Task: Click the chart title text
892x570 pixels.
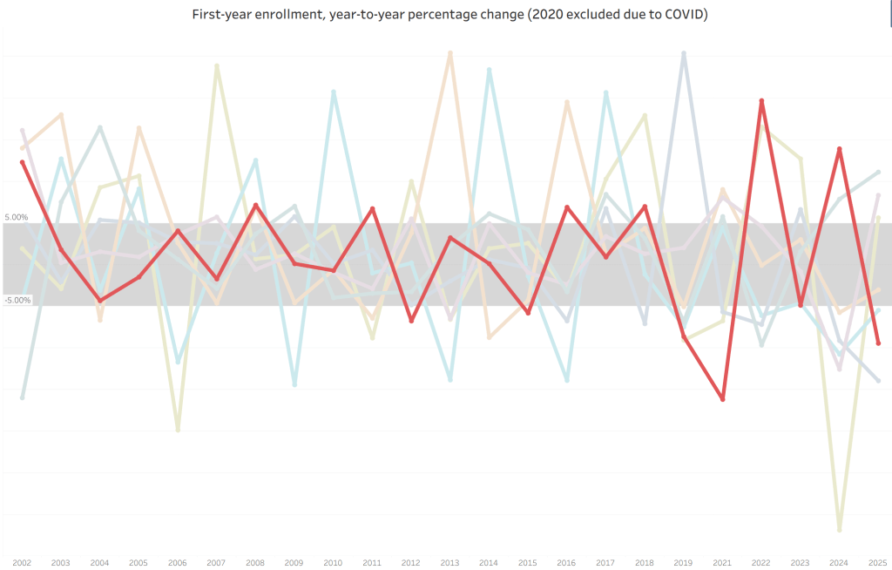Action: click(449, 15)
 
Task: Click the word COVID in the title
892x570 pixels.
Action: click(680, 15)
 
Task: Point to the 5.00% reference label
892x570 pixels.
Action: click(17, 217)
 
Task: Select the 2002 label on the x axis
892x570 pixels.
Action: click(22, 562)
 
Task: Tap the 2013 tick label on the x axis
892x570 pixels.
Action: click(449, 562)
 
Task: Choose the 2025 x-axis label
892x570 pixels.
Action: click(877, 562)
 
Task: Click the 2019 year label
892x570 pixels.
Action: click(684, 562)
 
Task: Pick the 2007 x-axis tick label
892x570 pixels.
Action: click(216, 562)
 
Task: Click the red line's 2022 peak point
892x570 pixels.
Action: click(761, 101)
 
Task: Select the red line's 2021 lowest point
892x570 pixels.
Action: click(723, 399)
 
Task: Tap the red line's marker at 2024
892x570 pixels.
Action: click(839, 149)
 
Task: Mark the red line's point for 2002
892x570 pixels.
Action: click(23, 162)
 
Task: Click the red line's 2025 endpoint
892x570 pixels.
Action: click(878, 343)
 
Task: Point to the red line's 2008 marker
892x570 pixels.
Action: click(255, 206)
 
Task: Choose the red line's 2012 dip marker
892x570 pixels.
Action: click(411, 321)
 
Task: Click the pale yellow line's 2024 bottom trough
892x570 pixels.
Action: click(839, 530)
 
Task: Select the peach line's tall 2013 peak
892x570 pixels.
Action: click(450, 53)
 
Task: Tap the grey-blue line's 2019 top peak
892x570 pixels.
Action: click(684, 53)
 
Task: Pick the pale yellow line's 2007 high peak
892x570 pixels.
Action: click(217, 65)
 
